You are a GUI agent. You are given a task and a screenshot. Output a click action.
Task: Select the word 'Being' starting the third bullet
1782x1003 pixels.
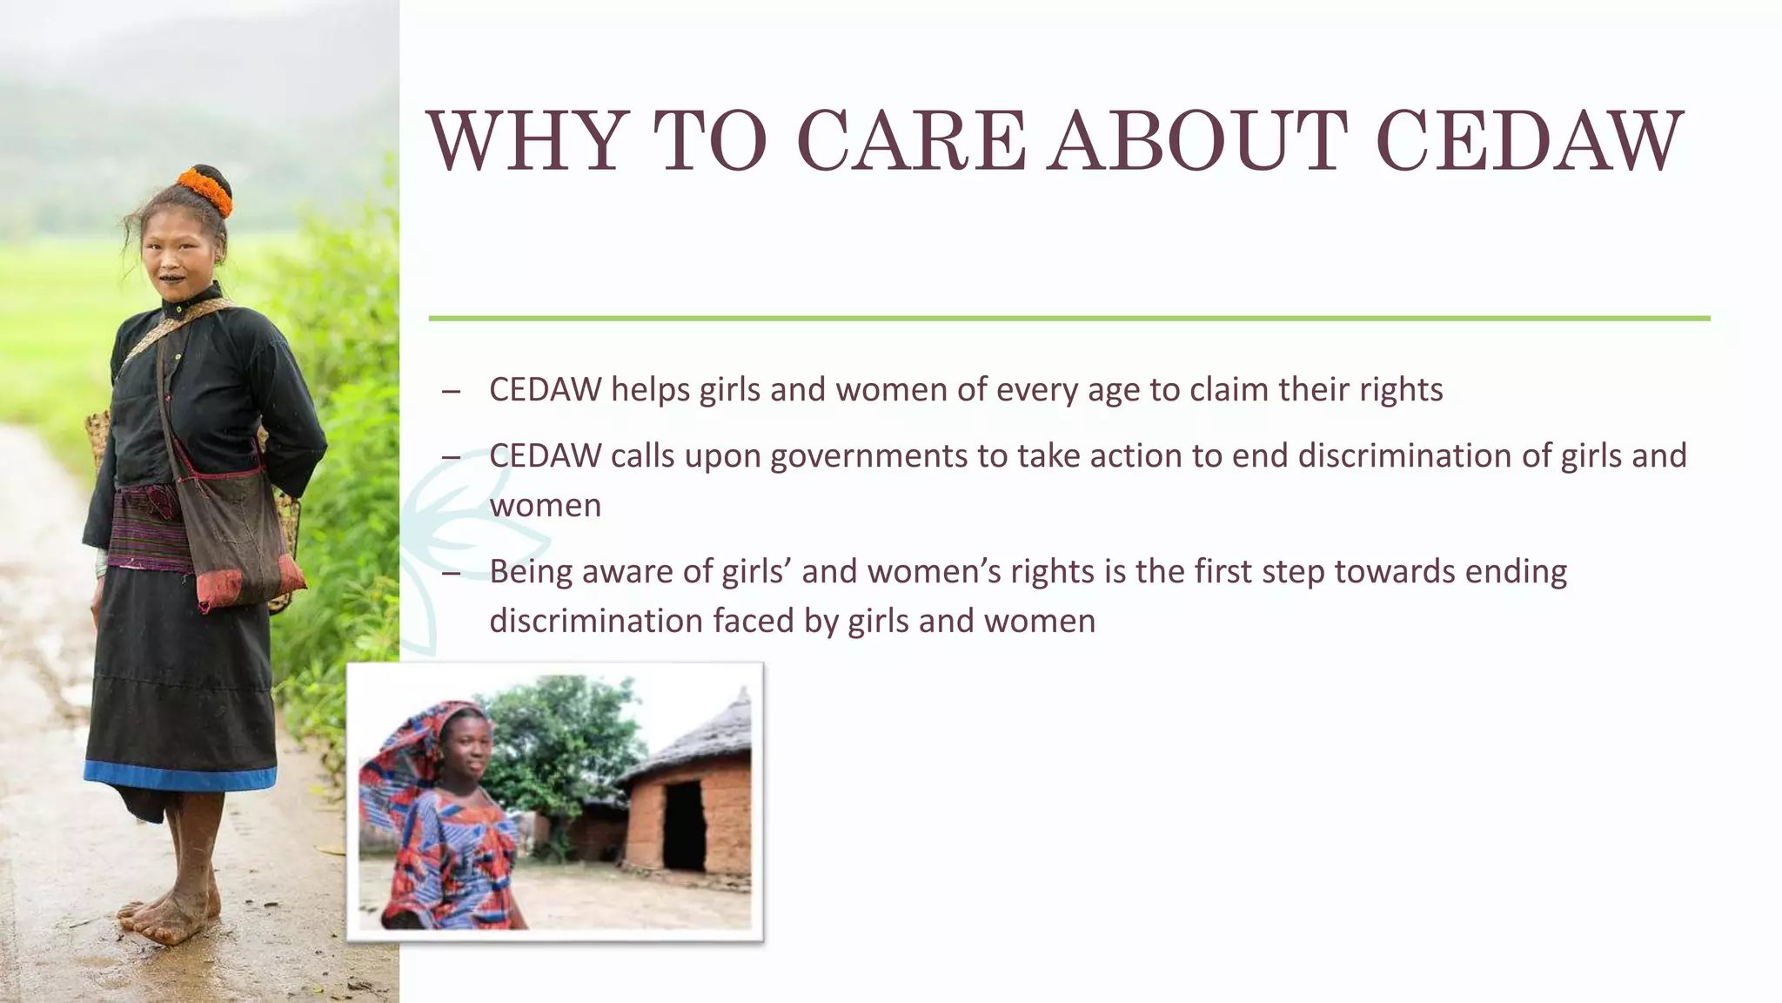(x=530, y=573)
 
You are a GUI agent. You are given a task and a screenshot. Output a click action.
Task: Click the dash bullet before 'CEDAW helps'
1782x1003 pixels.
(x=451, y=392)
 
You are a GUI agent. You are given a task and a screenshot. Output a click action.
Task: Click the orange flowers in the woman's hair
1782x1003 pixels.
(x=206, y=189)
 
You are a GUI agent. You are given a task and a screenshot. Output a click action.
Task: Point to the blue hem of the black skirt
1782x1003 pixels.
(x=178, y=774)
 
